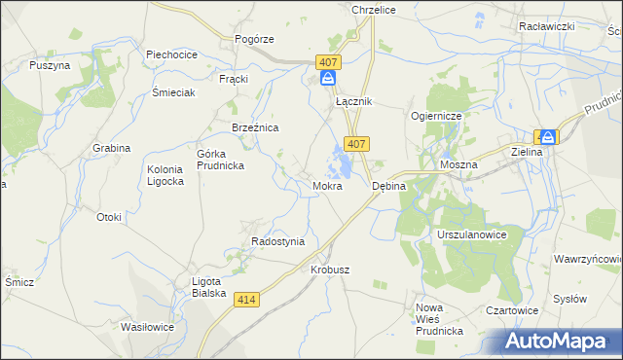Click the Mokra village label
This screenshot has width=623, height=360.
[x=327, y=185]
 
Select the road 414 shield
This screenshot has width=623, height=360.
[x=247, y=302]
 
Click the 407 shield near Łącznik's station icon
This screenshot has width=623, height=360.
[x=328, y=61]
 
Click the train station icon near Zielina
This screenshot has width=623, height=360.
[x=548, y=138]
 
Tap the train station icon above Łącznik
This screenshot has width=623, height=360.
[x=329, y=79]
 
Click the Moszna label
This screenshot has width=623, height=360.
[x=458, y=165]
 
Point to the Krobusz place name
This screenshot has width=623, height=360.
[x=330, y=270]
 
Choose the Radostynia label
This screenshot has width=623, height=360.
[x=278, y=241]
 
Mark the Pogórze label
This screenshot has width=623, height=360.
[x=255, y=39]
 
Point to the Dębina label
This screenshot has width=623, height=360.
[x=388, y=185]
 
